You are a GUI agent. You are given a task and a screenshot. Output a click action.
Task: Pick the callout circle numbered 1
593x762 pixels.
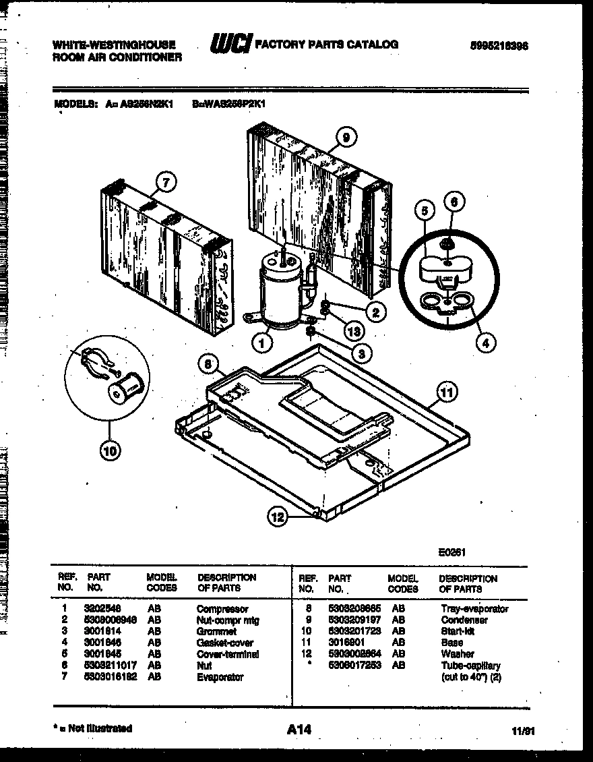262,343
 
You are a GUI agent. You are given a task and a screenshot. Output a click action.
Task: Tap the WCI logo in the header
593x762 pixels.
231,45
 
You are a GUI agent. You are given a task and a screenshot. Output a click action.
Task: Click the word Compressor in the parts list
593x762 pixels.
222,609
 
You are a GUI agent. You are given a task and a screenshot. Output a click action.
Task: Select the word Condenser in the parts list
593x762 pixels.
464,620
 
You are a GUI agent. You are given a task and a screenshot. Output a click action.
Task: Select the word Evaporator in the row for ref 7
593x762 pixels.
220,677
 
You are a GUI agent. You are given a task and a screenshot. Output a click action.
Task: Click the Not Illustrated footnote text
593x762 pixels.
92,728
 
